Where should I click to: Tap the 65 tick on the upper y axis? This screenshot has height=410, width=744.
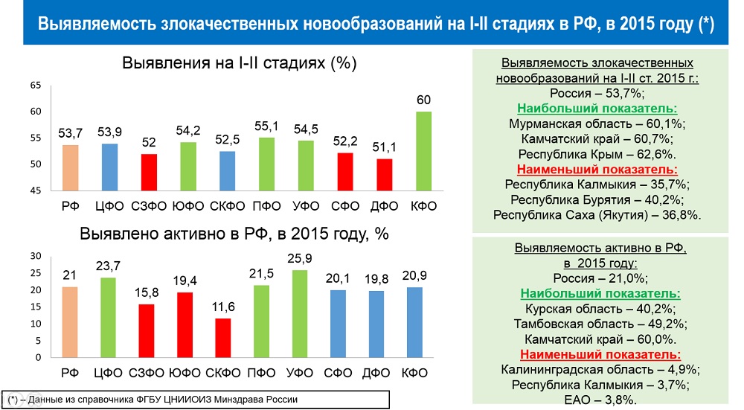click(35, 86)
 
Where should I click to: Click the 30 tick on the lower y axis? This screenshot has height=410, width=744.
click(35, 256)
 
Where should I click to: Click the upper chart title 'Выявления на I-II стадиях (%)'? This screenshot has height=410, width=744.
click(240, 63)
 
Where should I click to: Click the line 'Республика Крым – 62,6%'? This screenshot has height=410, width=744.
click(597, 154)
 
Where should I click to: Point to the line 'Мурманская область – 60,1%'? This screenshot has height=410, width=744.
click(597, 124)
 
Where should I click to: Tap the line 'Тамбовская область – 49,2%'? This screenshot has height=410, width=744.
click(597, 324)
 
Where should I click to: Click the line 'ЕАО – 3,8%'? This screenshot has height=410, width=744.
click(597, 400)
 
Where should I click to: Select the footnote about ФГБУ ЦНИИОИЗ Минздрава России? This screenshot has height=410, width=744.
click(153, 400)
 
